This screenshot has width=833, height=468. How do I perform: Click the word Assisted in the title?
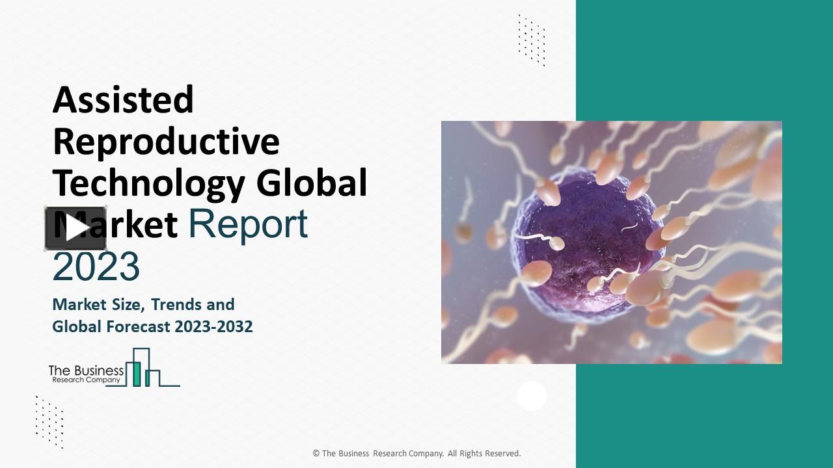click(x=123, y=100)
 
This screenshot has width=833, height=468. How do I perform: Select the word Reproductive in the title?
click(x=166, y=141)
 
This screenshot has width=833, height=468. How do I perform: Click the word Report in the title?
click(x=248, y=224)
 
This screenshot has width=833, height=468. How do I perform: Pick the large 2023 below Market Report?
click(x=96, y=266)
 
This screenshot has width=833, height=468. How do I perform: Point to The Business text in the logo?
click(x=86, y=370)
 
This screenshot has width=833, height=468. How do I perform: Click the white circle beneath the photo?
click(x=532, y=395)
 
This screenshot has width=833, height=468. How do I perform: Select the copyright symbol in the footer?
click(x=316, y=454)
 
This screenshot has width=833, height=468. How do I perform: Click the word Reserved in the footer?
click(x=502, y=454)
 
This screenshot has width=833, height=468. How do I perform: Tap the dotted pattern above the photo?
click(x=532, y=40)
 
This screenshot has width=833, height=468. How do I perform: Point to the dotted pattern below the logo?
click(x=49, y=421)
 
